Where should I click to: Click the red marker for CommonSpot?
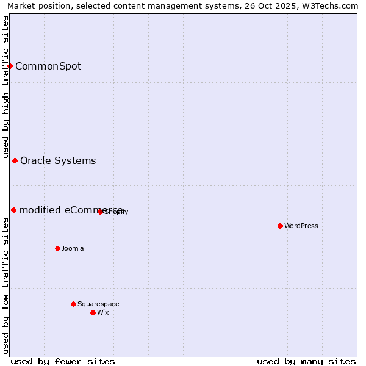[10, 66]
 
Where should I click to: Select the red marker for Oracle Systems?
[15, 160]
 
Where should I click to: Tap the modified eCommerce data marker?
[13, 210]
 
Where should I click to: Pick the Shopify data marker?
[100, 212]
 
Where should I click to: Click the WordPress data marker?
[280, 226]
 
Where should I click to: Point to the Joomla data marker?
[57, 248]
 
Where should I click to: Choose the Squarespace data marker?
[73, 304]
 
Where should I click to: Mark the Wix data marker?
[93, 312]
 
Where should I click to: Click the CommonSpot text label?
[48, 66]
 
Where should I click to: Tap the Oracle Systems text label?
[58, 161]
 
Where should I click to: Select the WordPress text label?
[301, 226]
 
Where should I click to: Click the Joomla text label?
[73, 249]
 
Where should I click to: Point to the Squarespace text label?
[98, 304]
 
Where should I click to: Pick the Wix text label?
[103, 313]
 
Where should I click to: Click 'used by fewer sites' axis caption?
[63, 361]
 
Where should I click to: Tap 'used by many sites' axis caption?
[306, 361]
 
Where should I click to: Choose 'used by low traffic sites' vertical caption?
[5, 285]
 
